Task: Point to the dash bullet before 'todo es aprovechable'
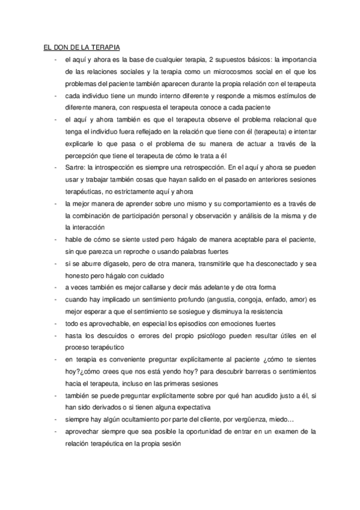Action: (x=55, y=322)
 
